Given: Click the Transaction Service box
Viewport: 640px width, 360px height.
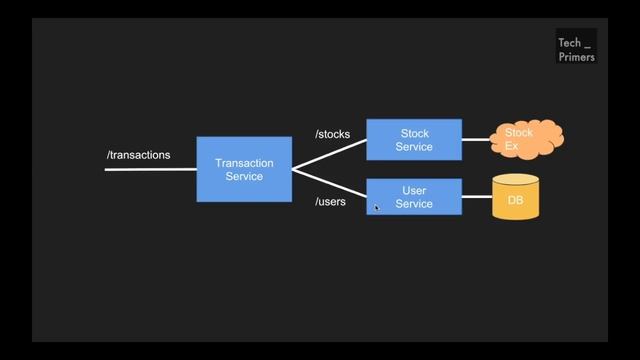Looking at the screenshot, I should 244,169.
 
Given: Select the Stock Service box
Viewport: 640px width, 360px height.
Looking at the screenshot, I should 414,140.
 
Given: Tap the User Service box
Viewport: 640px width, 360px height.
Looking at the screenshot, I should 414,197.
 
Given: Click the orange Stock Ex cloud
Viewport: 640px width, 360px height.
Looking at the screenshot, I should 525,139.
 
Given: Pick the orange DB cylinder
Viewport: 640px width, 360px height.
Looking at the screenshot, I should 516,198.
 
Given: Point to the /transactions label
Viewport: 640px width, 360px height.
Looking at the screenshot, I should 138,155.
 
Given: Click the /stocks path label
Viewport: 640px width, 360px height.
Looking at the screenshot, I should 332,134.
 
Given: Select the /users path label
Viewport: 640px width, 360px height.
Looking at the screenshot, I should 330,202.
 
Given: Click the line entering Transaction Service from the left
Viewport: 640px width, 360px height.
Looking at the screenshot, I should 150,169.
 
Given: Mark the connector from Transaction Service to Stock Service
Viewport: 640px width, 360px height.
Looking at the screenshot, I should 329,154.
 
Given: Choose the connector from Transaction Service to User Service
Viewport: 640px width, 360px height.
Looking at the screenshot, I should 329,183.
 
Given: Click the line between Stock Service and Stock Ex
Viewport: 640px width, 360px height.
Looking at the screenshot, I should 476,140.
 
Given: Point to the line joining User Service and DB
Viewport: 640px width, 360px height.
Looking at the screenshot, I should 477,197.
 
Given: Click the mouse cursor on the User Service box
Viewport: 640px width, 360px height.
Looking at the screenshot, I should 376,207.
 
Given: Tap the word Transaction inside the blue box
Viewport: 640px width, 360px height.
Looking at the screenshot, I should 244,162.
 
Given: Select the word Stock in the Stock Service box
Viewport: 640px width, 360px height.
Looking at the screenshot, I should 414,133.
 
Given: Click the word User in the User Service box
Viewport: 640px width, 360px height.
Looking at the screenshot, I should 414,190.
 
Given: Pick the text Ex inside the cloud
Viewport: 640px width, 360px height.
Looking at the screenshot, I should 511,146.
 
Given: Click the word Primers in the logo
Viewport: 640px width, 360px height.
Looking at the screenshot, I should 576,57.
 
